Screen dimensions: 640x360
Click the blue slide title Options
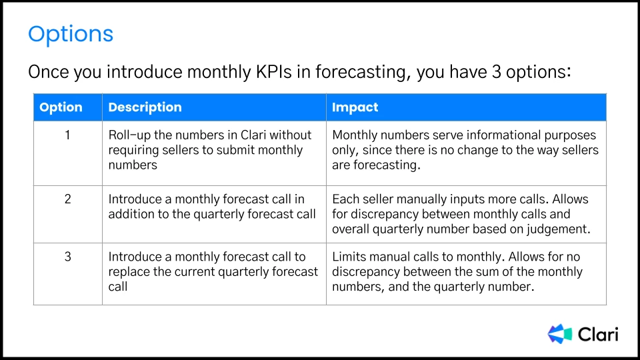[71, 35]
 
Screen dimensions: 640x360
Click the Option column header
[61, 107]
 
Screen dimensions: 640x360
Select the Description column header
[145, 107]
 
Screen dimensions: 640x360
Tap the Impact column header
[355, 107]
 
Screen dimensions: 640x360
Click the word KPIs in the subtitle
[273, 72]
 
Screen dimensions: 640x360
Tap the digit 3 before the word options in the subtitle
[496, 72]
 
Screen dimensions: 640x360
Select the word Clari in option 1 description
[253, 135]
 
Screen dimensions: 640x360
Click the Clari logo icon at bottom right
[559, 334]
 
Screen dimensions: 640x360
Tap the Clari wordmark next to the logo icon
[599, 334]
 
